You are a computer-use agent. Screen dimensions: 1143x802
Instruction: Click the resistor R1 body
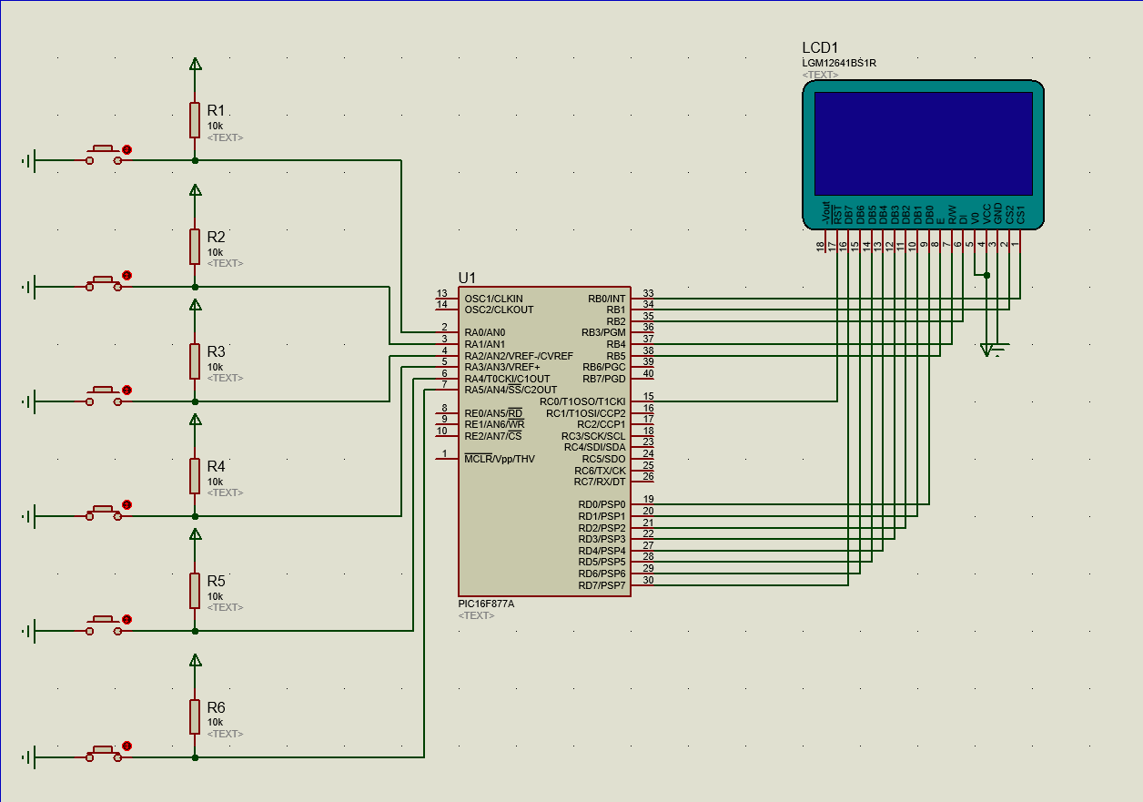click(x=195, y=120)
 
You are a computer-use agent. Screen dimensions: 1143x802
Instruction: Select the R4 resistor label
click(x=216, y=466)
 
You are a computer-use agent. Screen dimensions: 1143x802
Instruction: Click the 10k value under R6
click(x=215, y=722)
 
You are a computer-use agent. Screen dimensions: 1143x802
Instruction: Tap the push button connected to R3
click(x=104, y=396)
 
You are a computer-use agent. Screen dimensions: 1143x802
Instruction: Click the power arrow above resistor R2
click(x=195, y=190)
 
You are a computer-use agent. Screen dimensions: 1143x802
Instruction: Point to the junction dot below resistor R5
click(x=195, y=631)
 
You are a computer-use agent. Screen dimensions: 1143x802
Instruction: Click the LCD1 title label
click(x=820, y=48)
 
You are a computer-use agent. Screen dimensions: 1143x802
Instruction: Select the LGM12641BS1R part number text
click(x=839, y=64)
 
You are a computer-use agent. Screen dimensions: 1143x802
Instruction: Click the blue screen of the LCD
click(x=923, y=144)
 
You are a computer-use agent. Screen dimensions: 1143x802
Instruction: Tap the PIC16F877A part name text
click(x=486, y=604)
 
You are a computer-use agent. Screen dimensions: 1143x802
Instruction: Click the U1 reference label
click(x=467, y=278)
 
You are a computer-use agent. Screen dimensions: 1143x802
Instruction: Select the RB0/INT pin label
click(x=606, y=299)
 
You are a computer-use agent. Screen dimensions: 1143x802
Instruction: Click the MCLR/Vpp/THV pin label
click(x=500, y=459)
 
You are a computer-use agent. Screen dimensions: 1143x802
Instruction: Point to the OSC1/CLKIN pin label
click(x=493, y=299)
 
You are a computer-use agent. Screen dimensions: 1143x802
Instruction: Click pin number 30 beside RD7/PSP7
click(x=648, y=579)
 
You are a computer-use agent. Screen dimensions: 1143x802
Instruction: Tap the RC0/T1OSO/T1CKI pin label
click(x=582, y=401)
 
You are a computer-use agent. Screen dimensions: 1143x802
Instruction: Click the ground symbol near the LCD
click(x=993, y=350)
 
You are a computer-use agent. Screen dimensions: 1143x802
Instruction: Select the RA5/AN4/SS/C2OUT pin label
click(x=511, y=390)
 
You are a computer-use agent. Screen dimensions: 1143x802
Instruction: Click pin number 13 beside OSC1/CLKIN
click(x=442, y=293)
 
